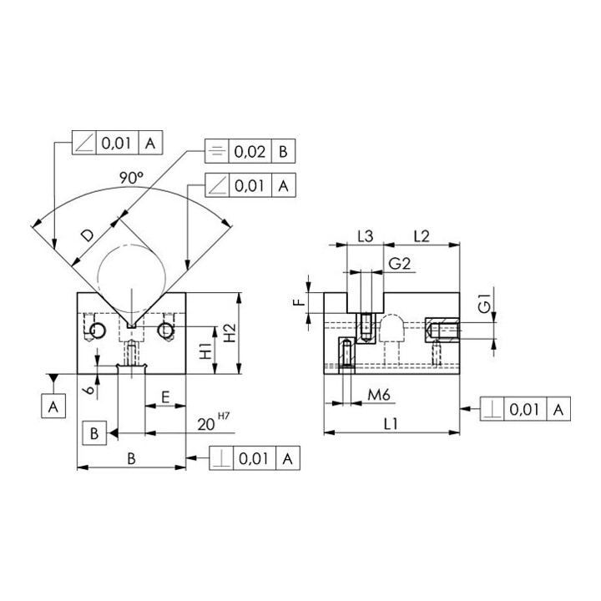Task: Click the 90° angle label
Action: (x=131, y=178)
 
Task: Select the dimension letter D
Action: (x=88, y=235)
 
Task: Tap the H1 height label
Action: (x=206, y=351)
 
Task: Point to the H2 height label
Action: (x=230, y=333)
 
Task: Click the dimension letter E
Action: (x=165, y=397)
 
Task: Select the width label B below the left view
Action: (x=132, y=458)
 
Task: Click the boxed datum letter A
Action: (x=53, y=406)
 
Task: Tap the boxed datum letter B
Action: (x=94, y=433)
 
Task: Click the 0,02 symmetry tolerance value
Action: (x=250, y=152)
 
